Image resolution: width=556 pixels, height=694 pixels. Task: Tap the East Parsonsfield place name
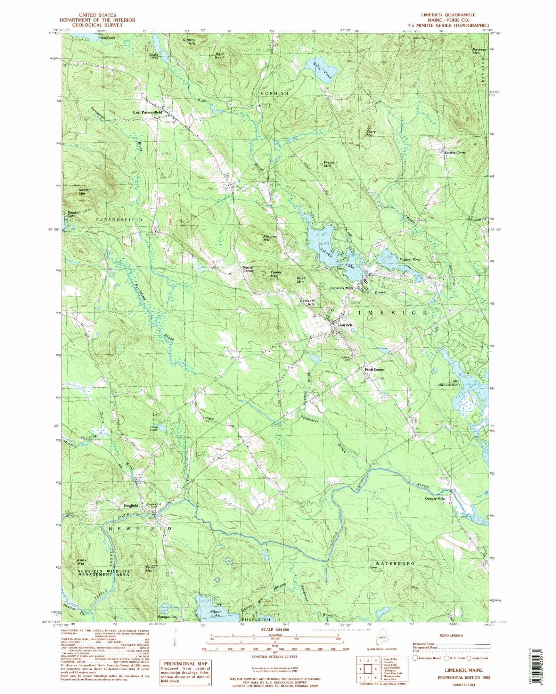(148, 113)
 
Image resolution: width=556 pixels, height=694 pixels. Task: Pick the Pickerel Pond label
(410, 259)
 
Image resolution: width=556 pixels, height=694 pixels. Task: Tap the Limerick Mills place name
(341, 288)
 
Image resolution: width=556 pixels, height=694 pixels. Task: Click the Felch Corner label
(374, 369)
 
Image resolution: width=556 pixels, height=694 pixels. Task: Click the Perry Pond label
(154, 428)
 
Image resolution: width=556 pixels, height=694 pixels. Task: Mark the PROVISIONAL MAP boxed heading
(185, 663)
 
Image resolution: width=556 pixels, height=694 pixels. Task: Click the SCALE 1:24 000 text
(275, 630)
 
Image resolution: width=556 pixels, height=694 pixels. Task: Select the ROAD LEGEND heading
(451, 635)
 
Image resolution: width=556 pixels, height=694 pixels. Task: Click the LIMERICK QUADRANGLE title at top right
(448, 15)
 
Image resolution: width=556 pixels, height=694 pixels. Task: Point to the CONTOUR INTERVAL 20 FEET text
(275, 657)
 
